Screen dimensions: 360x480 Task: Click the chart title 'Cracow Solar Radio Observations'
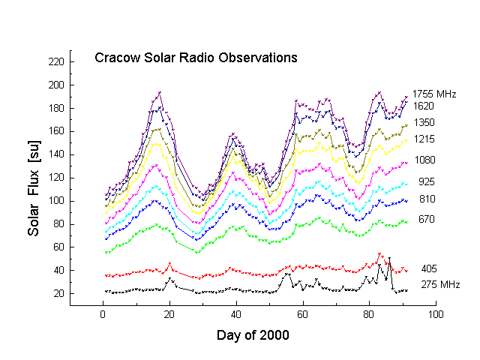point(196,58)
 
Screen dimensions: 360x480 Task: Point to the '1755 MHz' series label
point(435,94)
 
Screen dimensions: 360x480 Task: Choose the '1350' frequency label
point(424,123)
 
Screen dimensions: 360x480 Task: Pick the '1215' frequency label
point(424,139)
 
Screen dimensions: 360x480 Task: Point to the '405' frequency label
point(428,268)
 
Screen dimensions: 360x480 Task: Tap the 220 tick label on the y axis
point(57,61)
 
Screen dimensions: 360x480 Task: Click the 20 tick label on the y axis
point(59,294)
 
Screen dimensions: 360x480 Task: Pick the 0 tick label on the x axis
point(103,315)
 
